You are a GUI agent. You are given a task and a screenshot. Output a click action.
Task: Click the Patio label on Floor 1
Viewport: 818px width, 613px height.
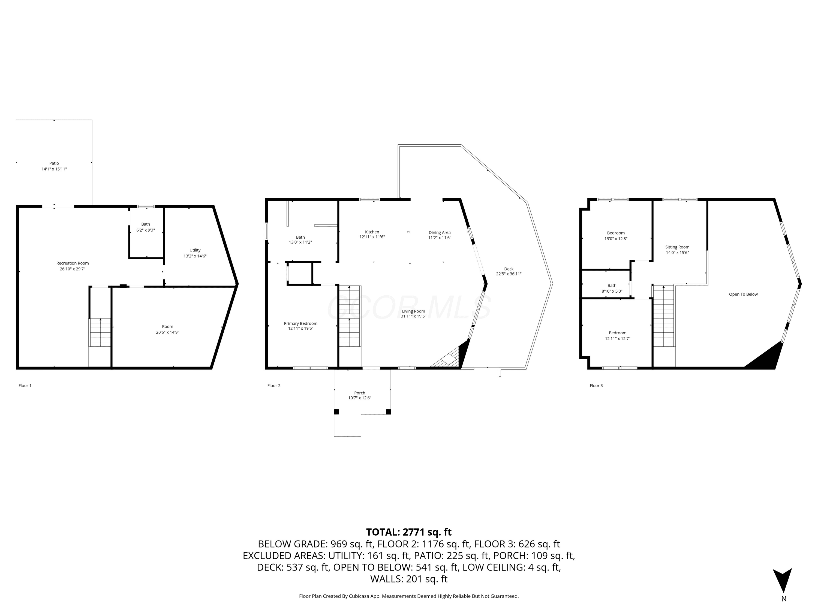[54, 163]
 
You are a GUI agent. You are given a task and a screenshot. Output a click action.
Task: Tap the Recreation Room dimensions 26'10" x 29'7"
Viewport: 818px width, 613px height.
[73, 269]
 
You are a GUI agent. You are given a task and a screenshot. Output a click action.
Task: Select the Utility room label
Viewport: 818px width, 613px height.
[195, 250]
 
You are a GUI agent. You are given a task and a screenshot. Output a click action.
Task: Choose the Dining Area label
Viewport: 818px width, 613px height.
[440, 232]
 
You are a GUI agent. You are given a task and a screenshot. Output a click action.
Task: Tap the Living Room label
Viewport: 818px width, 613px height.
[413, 311]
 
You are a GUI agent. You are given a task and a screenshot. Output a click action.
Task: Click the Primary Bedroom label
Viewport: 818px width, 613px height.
[301, 323]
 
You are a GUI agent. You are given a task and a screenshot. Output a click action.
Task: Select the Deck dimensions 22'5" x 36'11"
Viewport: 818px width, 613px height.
[509, 274]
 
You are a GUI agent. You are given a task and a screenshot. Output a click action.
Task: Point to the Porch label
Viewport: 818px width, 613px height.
[359, 393]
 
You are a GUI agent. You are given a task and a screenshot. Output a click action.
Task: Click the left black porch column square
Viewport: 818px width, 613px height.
[336, 412]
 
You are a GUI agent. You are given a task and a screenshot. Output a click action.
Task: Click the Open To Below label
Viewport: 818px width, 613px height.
[743, 294]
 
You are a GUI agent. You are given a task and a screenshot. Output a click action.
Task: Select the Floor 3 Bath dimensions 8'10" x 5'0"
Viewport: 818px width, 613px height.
[612, 291]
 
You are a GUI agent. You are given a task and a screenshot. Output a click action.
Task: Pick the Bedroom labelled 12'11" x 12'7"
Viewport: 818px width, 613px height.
[618, 333]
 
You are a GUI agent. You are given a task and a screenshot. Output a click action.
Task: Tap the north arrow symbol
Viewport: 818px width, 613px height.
[782, 580]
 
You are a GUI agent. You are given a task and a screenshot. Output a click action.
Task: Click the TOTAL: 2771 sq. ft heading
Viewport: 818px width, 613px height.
[409, 532]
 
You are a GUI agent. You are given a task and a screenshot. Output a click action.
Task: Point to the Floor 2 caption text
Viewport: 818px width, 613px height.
[274, 386]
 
